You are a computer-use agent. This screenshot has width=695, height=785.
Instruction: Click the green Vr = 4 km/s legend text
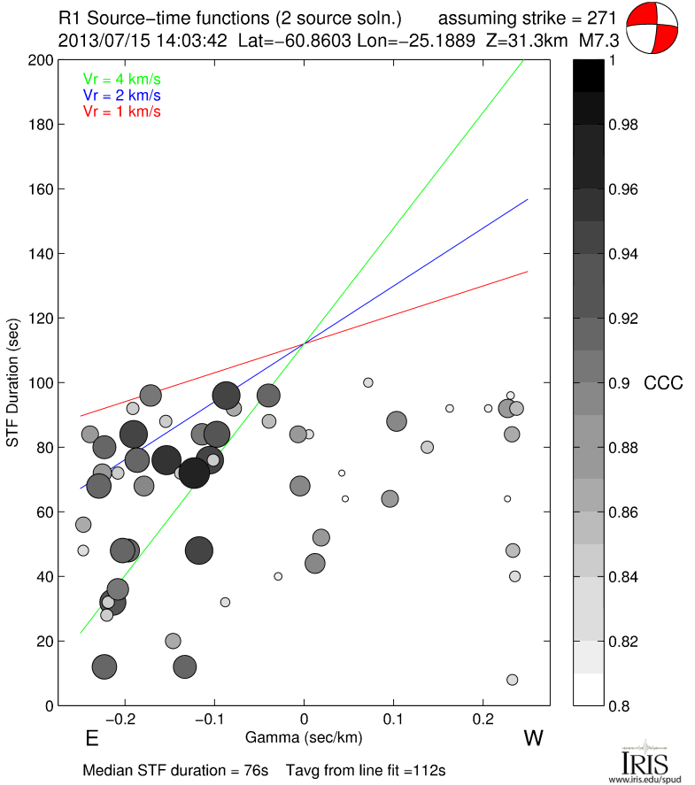[x=122, y=79]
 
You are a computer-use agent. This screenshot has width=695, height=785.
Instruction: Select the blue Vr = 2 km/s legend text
[x=122, y=95]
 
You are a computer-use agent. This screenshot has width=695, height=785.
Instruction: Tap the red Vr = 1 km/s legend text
[x=122, y=111]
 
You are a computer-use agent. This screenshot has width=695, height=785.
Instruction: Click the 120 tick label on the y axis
[x=41, y=319]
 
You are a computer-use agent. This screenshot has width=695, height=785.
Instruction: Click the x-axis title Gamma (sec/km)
[x=304, y=735]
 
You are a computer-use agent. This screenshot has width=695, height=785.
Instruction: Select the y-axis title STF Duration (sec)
[x=14, y=382]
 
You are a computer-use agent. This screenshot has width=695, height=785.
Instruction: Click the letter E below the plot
[x=90, y=738]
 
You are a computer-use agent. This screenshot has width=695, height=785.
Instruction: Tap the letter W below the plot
[x=533, y=738]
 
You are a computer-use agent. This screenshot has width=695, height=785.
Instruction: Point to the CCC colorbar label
[x=662, y=383]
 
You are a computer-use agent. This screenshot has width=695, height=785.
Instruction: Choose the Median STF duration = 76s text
[x=175, y=770]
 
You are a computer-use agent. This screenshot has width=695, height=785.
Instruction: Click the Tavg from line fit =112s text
[x=366, y=770]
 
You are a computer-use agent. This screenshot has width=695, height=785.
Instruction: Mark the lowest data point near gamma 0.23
[x=512, y=680]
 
